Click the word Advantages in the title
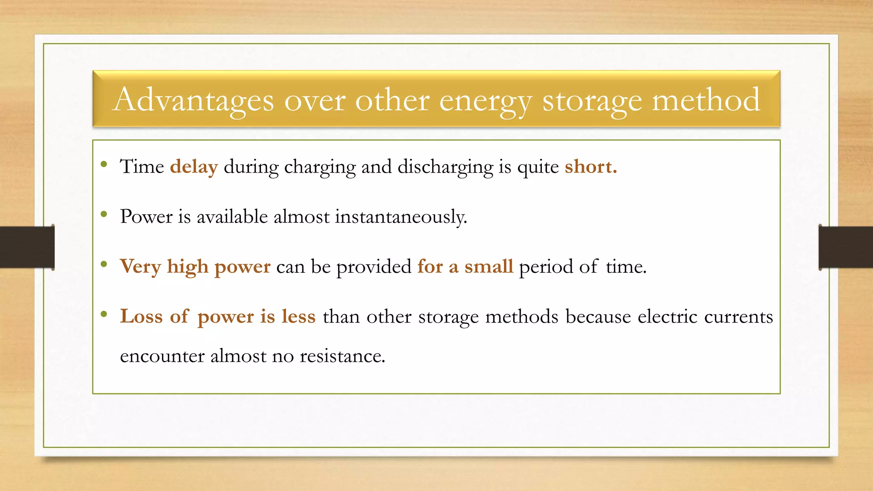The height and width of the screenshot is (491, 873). coord(193,100)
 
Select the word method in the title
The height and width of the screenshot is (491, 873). coord(706,100)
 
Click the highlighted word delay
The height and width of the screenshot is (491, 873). coord(194,167)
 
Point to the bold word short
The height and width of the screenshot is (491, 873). coord(590,167)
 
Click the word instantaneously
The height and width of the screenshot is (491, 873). coord(401,217)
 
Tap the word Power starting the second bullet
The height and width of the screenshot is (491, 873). coord(146,217)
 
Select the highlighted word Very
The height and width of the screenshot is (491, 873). coord(140,267)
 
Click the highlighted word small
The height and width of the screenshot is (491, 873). coord(489,266)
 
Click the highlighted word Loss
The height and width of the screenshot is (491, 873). coord(141,316)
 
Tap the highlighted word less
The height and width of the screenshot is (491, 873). coord(298,316)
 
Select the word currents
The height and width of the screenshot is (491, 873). coord(738,316)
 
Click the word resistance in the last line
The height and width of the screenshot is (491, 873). coord(342,356)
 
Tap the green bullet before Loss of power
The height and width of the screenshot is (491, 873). coord(104,314)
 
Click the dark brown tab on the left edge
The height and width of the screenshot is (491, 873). coord(27,247)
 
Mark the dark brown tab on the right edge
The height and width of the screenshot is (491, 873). coord(846,247)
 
